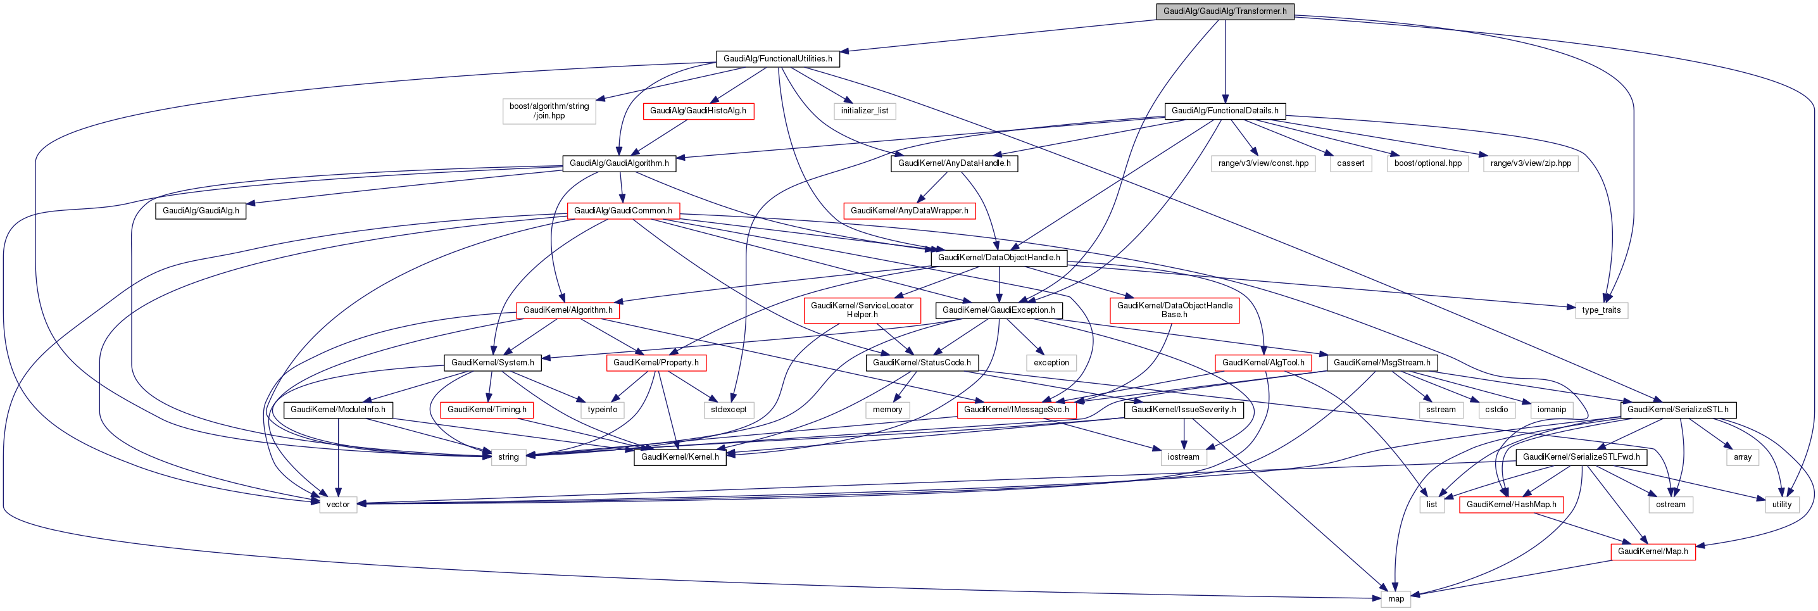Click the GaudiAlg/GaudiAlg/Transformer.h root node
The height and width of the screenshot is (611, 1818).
click(1224, 11)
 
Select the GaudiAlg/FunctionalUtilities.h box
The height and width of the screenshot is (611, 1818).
click(777, 58)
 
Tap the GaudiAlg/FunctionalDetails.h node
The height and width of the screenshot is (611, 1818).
click(1224, 111)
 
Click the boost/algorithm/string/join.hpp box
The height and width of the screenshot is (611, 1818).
click(549, 111)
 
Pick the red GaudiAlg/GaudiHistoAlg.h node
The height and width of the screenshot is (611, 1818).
click(698, 111)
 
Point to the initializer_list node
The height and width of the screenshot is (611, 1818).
click(865, 111)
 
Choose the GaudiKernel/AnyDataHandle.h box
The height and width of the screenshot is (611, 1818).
click(953, 163)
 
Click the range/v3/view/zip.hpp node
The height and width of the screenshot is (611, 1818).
click(1531, 163)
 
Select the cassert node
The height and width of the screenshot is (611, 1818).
click(1350, 163)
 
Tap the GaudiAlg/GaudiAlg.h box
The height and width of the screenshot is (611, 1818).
click(201, 210)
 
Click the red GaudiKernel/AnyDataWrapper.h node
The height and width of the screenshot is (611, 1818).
click(909, 210)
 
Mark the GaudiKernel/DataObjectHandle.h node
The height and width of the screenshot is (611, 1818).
click(999, 258)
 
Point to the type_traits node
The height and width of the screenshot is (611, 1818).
click(1602, 310)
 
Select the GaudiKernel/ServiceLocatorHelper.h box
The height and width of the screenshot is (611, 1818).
click(862, 310)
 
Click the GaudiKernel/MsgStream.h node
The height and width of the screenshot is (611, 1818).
click(1382, 363)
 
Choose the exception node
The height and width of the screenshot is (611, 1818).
click(1051, 363)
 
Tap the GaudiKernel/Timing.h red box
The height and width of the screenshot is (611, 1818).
click(486, 409)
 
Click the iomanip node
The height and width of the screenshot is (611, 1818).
click(1552, 409)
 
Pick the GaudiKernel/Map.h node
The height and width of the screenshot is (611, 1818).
click(1653, 551)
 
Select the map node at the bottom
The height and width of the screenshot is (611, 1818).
click(1396, 598)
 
